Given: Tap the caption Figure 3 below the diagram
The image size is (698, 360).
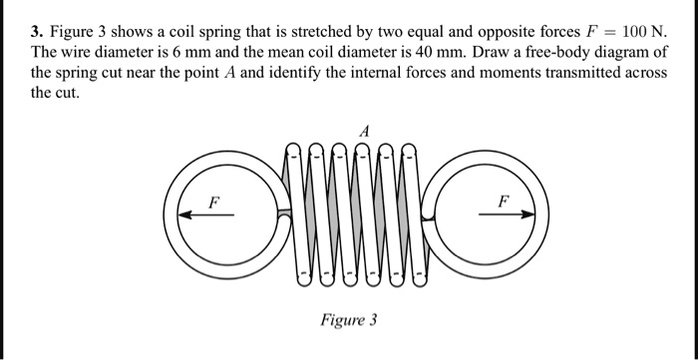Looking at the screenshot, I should pos(348,320).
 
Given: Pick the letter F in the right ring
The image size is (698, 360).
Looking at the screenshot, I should pos(504,200).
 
